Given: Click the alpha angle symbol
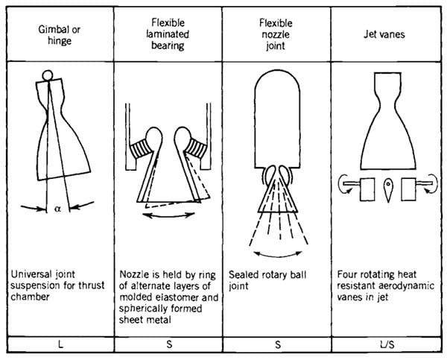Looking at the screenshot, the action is (58, 209).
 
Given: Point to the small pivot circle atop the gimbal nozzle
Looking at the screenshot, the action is (48, 75).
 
